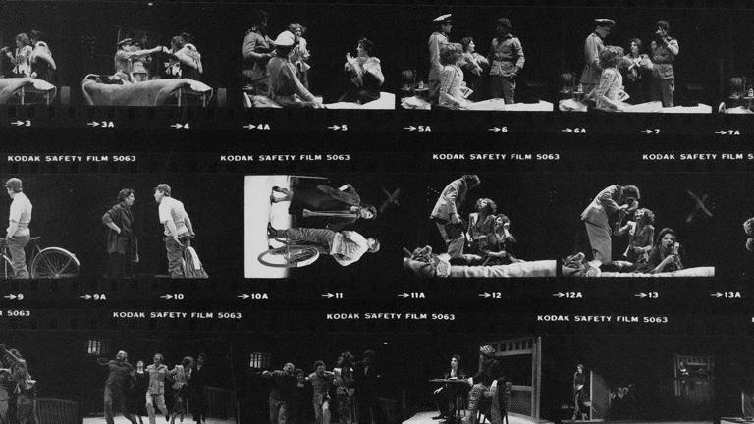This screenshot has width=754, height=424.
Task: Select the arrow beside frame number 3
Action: (x=17, y=123)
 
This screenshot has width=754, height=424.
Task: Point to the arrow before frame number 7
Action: (x=647, y=132)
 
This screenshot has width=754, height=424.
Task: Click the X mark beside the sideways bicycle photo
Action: (x=391, y=198)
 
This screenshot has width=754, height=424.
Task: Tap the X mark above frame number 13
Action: (x=699, y=205)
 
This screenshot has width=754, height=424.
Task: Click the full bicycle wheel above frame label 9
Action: (x=55, y=262)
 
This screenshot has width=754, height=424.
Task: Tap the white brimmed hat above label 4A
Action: (x=284, y=39)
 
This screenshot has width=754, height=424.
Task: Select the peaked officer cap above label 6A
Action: (x=604, y=23)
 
